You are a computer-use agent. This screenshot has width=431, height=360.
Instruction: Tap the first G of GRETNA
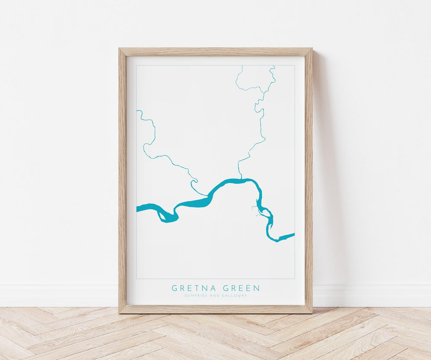[x=174, y=288]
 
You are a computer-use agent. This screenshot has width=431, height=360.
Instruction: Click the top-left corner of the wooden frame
[x=120, y=49]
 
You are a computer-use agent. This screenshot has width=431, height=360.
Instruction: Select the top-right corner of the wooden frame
[x=311, y=49]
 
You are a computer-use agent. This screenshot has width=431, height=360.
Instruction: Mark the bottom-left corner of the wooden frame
[x=120, y=312]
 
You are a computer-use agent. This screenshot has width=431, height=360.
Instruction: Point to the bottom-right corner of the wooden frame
[x=311, y=312]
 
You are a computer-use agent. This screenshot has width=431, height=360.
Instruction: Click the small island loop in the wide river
[x=161, y=215]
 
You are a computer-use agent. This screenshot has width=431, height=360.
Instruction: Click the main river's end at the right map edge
[x=293, y=235]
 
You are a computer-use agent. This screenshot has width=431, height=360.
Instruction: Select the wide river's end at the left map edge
[x=138, y=208]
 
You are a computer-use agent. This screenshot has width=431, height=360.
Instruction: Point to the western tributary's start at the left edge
[x=137, y=111]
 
